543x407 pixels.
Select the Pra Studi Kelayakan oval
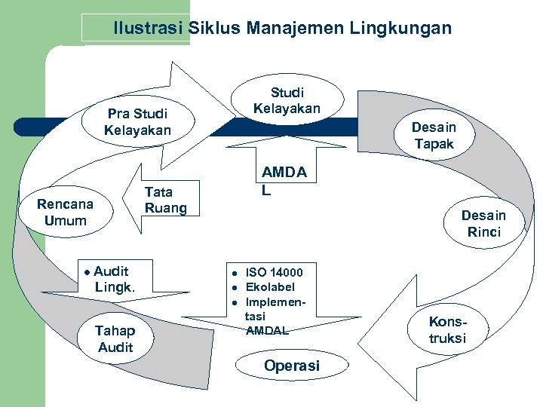click(x=138, y=122)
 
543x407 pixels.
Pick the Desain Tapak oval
click(x=434, y=136)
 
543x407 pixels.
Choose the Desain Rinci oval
click(x=483, y=224)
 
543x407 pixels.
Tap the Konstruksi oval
click(x=448, y=330)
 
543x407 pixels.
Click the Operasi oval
click(x=292, y=366)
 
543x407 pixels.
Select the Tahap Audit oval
click(x=115, y=338)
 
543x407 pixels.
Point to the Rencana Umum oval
click(x=66, y=213)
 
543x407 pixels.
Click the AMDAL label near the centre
click(x=284, y=181)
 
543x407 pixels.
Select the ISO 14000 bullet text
click(x=275, y=272)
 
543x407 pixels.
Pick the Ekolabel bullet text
click(x=270, y=287)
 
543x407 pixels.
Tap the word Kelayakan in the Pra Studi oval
click(x=138, y=130)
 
